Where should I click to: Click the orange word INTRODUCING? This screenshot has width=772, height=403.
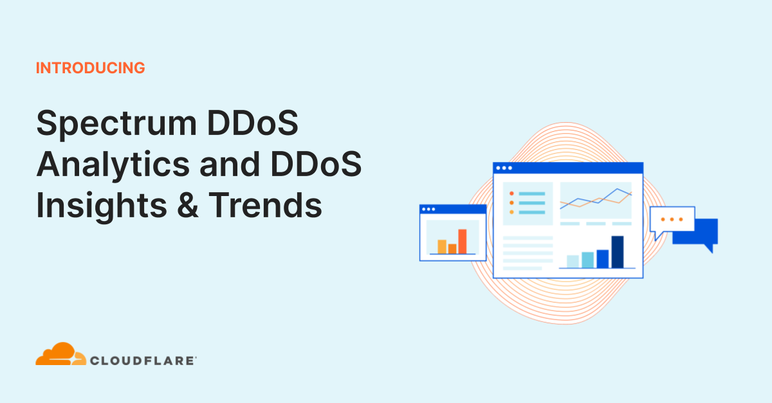tap(91, 68)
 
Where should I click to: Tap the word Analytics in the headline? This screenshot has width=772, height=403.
tap(113, 165)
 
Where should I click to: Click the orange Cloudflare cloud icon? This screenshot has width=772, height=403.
tap(59, 355)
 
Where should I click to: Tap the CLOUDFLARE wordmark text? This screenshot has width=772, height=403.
tap(143, 361)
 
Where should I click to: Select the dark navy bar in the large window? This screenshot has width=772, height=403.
tap(618, 251)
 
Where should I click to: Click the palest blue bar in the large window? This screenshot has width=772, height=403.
tap(572, 261)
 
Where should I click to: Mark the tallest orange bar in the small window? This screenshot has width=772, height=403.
tap(462, 241)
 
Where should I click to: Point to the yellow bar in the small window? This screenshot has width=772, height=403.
tap(442, 246)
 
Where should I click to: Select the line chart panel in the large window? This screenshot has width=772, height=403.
tap(596, 200)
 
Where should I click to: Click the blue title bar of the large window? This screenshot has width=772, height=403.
tap(568, 168)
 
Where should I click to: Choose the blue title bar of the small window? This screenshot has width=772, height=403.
tap(453, 209)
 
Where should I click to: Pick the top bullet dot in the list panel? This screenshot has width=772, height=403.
tap(511, 193)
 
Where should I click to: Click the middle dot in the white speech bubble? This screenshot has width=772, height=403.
tap(672, 219)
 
